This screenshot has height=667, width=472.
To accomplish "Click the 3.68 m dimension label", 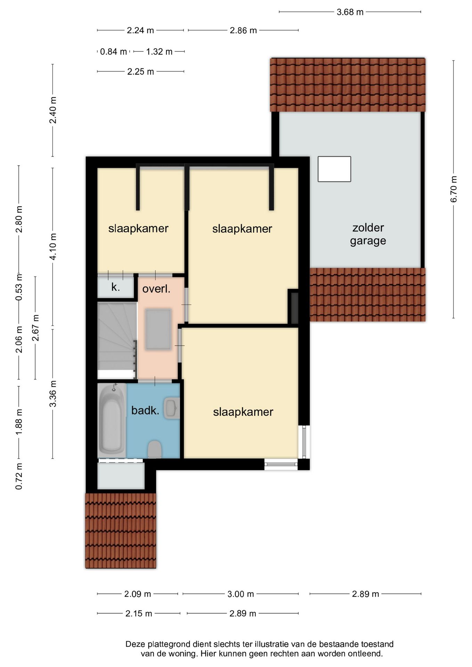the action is coord(350,12).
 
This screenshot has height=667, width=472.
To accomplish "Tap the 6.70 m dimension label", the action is coord(454,189).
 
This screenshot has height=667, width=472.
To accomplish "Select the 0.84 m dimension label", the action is coord(113,52).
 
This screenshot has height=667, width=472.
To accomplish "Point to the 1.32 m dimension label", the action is coord(159,52).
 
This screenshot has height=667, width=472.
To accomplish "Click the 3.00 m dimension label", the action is coord(241,594).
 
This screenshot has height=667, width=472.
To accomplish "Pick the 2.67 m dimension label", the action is coord(35,328).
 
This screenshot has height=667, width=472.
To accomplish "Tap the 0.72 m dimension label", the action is coord(19,476).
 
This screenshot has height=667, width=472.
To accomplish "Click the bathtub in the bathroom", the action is coord(112,420).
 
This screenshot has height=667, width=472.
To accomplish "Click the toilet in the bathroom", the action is coord(155,450).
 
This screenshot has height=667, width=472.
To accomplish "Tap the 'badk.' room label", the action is coord(145,411).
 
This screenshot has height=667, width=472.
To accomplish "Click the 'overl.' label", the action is coord(156,289).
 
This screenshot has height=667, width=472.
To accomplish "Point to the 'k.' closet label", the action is coord(115,287).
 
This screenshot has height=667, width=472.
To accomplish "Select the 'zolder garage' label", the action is coord(368,234).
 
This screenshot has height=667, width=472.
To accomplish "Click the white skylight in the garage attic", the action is coord(334,169).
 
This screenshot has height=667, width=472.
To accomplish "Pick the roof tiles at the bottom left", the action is coord(121,530).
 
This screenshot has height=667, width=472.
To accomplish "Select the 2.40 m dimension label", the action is coord(53,110).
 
